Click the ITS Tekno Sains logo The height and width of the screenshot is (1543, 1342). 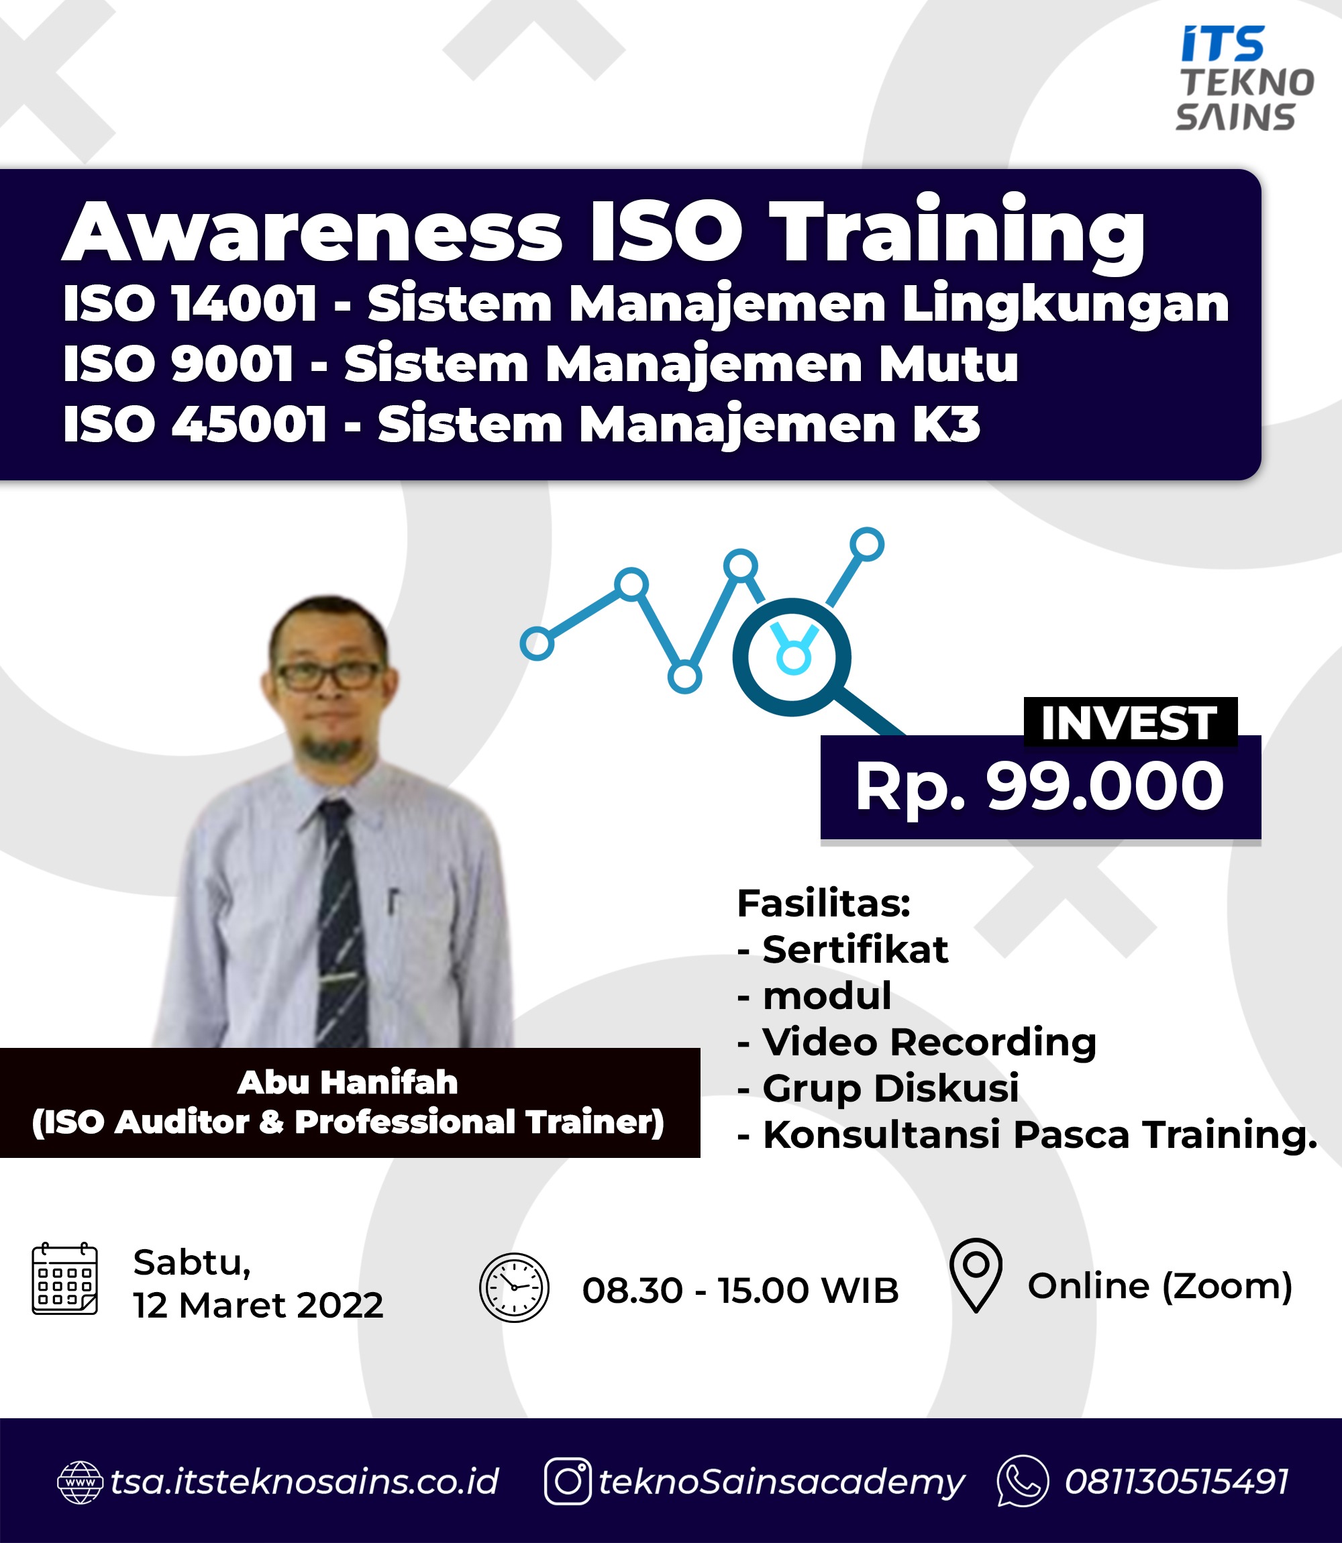pos(1244,78)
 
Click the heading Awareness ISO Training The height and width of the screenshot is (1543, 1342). pos(604,231)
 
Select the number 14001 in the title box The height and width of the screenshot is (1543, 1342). pos(244,304)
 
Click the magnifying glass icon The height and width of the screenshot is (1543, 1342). pos(813,666)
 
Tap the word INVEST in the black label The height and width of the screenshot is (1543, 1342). pos(1129,723)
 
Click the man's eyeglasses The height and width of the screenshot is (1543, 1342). pos(329,676)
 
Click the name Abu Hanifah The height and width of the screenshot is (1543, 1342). pos(348,1083)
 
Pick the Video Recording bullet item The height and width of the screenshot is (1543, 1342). pos(917,1041)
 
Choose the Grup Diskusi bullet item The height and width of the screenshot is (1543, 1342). pos(878,1087)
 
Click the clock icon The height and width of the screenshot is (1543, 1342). pos(514,1287)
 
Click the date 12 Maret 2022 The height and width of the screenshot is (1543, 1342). pos(258,1306)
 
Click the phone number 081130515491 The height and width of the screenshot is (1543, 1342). pos(1176,1481)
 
